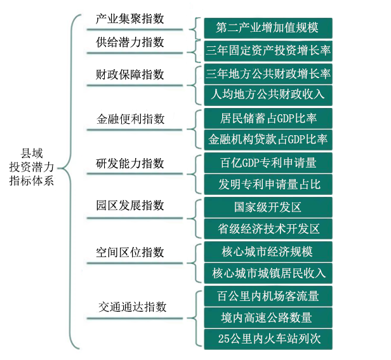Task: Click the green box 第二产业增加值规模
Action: pyautogui.click(x=268, y=28)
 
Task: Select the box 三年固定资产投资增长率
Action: pyautogui.click(x=268, y=51)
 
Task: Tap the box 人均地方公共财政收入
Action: pyautogui.click(x=268, y=95)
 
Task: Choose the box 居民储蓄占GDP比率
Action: pyautogui.click(x=268, y=118)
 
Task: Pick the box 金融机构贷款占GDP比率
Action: pyautogui.click(x=268, y=140)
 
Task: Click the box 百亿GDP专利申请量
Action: pyautogui.click(x=268, y=163)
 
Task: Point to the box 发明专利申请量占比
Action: pyautogui.click(x=268, y=184)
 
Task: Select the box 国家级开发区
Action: pyautogui.click(x=268, y=207)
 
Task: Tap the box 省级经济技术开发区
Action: pyautogui.click(x=268, y=229)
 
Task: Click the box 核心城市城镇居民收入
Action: pyautogui.click(x=268, y=273)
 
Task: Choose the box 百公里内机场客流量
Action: pyautogui.click(x=268, y=296)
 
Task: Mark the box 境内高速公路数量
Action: pyautogui.click(x=268, y=317)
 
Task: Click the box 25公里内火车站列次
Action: pyautogui.click(x=268, y=339)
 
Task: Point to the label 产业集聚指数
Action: pyautogui.click(x=130, y=19)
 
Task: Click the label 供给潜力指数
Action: pyautogui.click(x=130, y=42)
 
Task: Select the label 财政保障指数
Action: pyautogui.click(x=130, y=74)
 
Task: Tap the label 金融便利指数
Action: pyautogui.click(x=130, y=119)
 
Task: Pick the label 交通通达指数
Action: pyautogui.click(x=132, y=307)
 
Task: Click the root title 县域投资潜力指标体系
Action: pyautogui.click(x=32, y=167)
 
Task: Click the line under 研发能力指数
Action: pyautogui.click(x=135, y=173)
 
